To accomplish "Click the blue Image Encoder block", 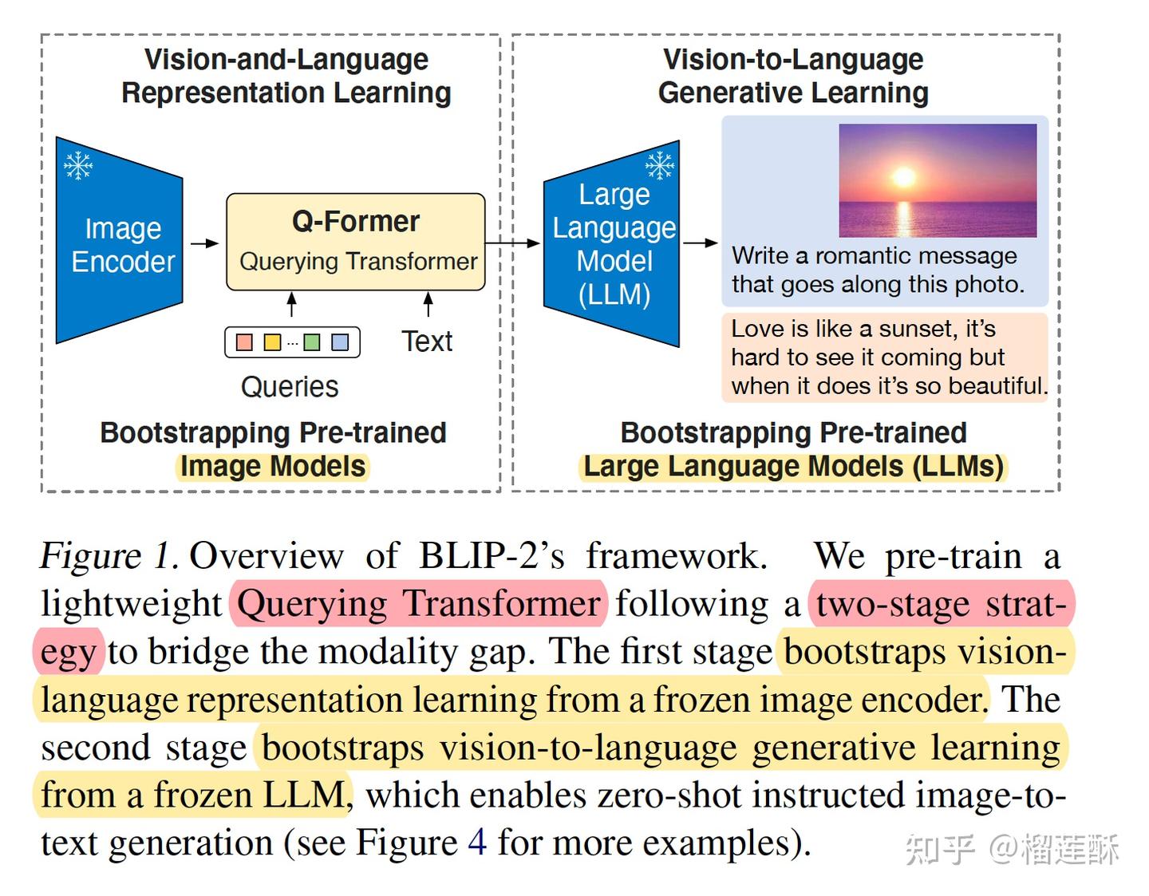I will (120, 243).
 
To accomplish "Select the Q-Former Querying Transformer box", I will (356, 241).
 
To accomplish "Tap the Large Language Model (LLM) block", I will (613, 244).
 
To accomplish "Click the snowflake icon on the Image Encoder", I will (78, 165).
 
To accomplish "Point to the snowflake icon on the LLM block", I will (660, 165).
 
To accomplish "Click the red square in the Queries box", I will (245, 342).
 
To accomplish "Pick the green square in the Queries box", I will (312, 342).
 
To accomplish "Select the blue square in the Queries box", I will (340, 342).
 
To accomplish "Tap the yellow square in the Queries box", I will (272, 342).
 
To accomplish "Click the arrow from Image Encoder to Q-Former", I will (204, 243).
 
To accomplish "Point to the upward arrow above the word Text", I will (428, 304).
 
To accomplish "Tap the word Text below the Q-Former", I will (427, 341).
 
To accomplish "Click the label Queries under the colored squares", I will (290, 387).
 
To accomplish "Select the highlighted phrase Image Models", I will (273, 466).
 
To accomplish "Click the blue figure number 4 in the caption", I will (477, 843).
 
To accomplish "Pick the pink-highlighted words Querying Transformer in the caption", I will (418, 604).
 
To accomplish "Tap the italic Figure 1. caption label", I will (109, 556).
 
